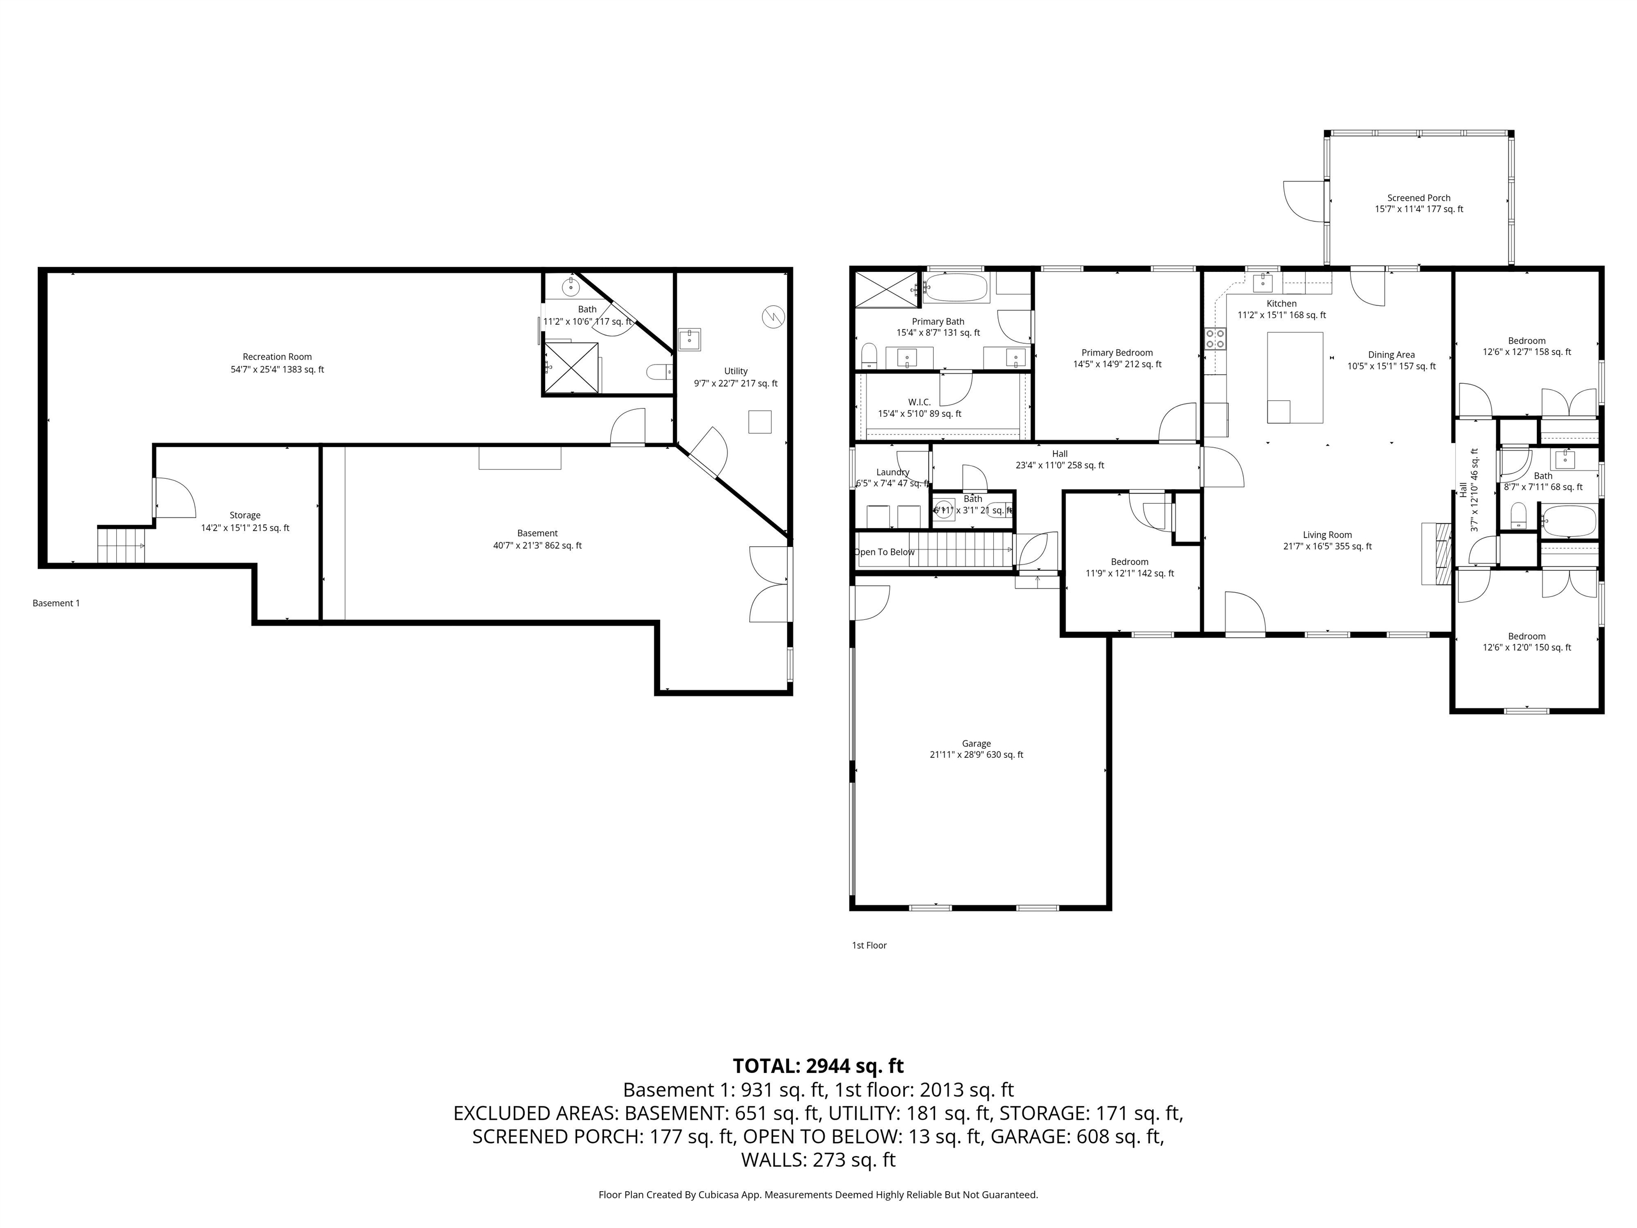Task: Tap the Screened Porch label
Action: pyautogui.click(x=1418, y=198)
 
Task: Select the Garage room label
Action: pyautogui.click(x=976, y=744)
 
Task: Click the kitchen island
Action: pyautogui.click(x=1294, y=377)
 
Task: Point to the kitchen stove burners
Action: pyautogui.click(x=1214, y=338)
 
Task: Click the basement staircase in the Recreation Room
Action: pyautogui.click(x=120, y=546)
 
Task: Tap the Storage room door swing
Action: pyautogui.click(x=175, y=497)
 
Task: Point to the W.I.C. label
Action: pyautogui.click(x=919, y=402)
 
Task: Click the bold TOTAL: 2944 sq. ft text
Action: pyautogui.click(x=818, y=1066)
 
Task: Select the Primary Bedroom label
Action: pyautogui.click(x=1117, y=353)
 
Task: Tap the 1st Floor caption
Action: pyautogui.click(x=869, y=945)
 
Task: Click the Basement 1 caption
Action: pyautogui.click(x=56, y=603)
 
